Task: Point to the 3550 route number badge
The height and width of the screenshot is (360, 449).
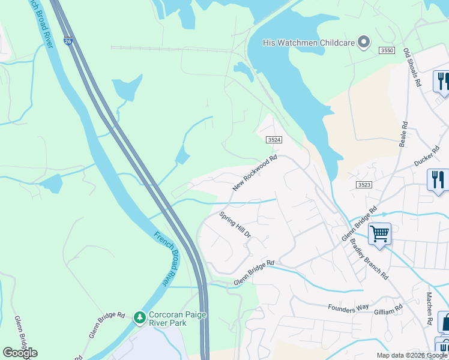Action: (387, 51)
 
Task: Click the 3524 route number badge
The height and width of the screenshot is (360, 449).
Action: (274, 139)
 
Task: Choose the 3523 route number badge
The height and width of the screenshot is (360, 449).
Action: (364, 185)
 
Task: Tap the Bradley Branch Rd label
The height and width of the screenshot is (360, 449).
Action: (369, 259)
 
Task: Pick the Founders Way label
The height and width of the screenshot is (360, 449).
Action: (348, 307)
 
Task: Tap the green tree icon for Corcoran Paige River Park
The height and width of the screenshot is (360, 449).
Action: (139, 316)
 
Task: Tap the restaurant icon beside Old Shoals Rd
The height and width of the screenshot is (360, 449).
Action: (442, 81)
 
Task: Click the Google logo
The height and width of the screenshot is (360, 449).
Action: (20, 353)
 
